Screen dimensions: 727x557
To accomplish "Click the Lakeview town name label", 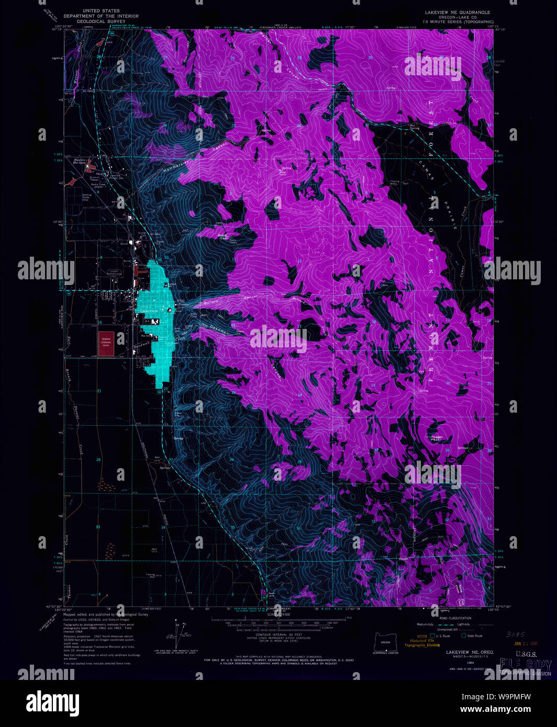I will pyautogui.click(x=149, y=311).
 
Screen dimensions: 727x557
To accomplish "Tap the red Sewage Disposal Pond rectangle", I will pyautogui.click(x=106, y=344).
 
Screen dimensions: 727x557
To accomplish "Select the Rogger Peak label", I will pyautogui.click(x=436, y=438).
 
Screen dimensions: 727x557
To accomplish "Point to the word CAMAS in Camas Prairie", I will pyautogui.click(x=427, y=171).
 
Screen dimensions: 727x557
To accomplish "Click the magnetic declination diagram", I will pyautogui.click(x=180, y=634).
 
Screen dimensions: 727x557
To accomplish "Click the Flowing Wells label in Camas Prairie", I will pyautogui.click(x=394, y=183).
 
